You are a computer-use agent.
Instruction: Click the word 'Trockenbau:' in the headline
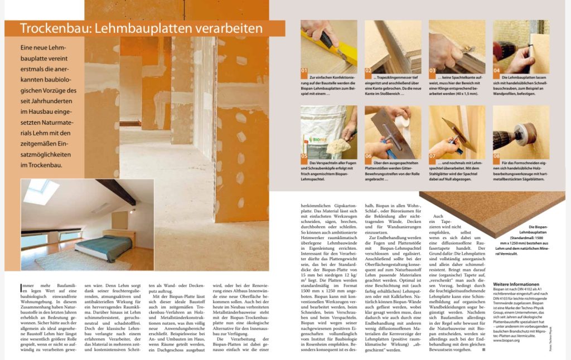(x=52, y=28)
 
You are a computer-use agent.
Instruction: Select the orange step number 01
(x=304, y=70)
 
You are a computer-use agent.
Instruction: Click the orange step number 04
(x=497, y=70)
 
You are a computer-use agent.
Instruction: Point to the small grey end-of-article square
(x=483, y=350)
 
